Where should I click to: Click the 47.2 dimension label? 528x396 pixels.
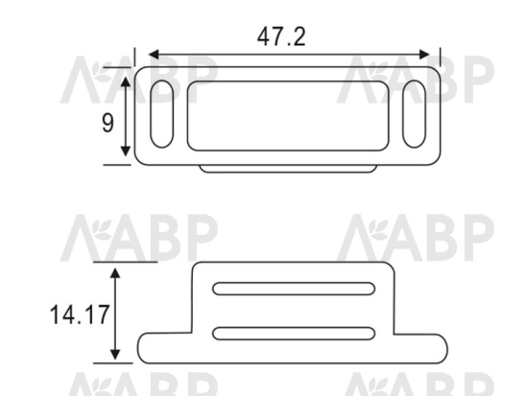tap(281, 36)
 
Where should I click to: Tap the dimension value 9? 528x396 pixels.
tap(108, 123)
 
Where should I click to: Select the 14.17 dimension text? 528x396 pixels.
tap(80, 314)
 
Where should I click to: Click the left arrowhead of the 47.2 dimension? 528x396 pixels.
tap(154, 55)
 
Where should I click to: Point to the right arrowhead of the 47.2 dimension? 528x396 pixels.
tap(424, 55)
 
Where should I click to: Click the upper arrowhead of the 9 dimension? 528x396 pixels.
tap(126, 82)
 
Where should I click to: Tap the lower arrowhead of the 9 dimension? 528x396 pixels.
tap(126, 151)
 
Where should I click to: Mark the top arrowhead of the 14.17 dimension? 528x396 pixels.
tap(115, 273)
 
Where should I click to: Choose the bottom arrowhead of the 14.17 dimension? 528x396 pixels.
tap(115, 355)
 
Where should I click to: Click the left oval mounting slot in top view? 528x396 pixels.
tap(162, 114)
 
